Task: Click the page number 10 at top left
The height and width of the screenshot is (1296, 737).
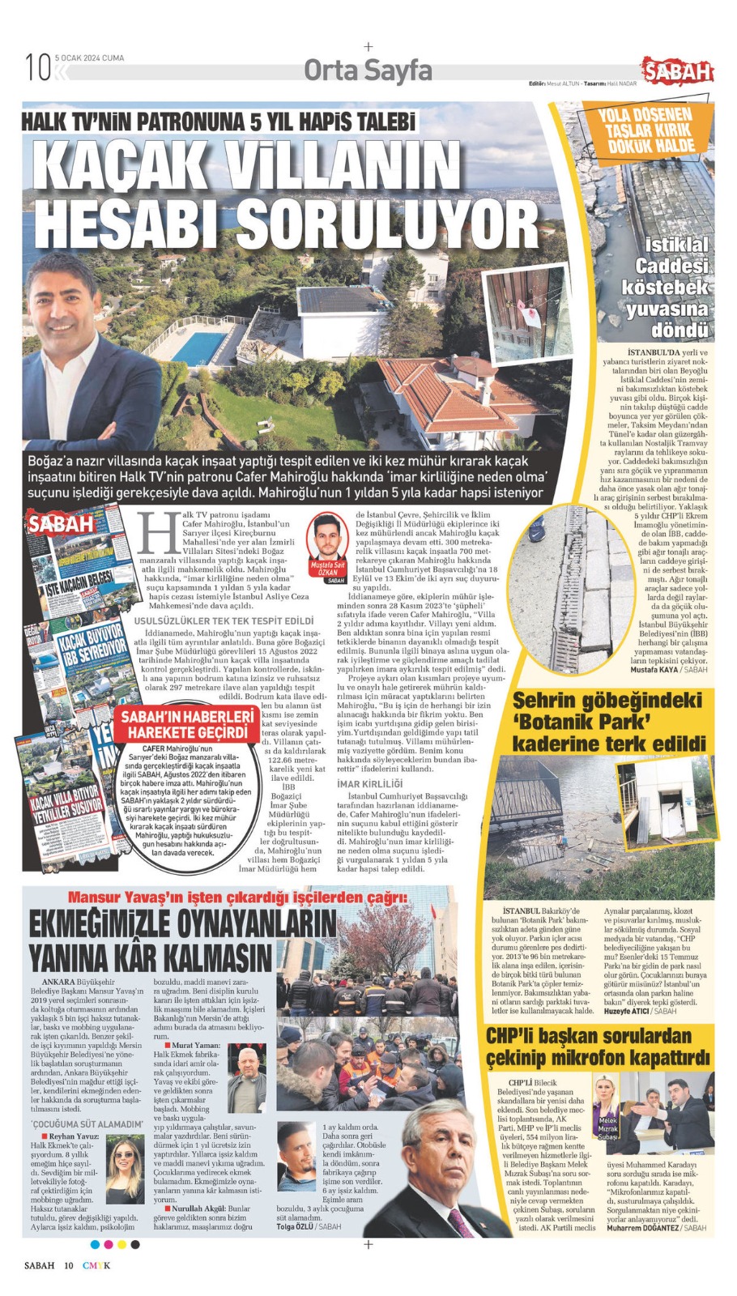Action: [x=37, y=66]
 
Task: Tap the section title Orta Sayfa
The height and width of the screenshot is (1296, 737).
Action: [x=368, y=71]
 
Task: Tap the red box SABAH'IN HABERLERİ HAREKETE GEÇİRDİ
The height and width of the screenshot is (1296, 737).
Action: [x=188, y=724]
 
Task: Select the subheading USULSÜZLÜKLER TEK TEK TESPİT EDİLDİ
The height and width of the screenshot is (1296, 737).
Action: [x=223, y=620]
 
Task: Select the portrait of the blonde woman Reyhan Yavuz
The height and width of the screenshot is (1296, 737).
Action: [x=125, y=1172]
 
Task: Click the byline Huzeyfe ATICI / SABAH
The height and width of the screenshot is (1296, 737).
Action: [x=640, y=1011]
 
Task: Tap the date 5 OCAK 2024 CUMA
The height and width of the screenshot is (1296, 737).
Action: [x=89, y=58]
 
